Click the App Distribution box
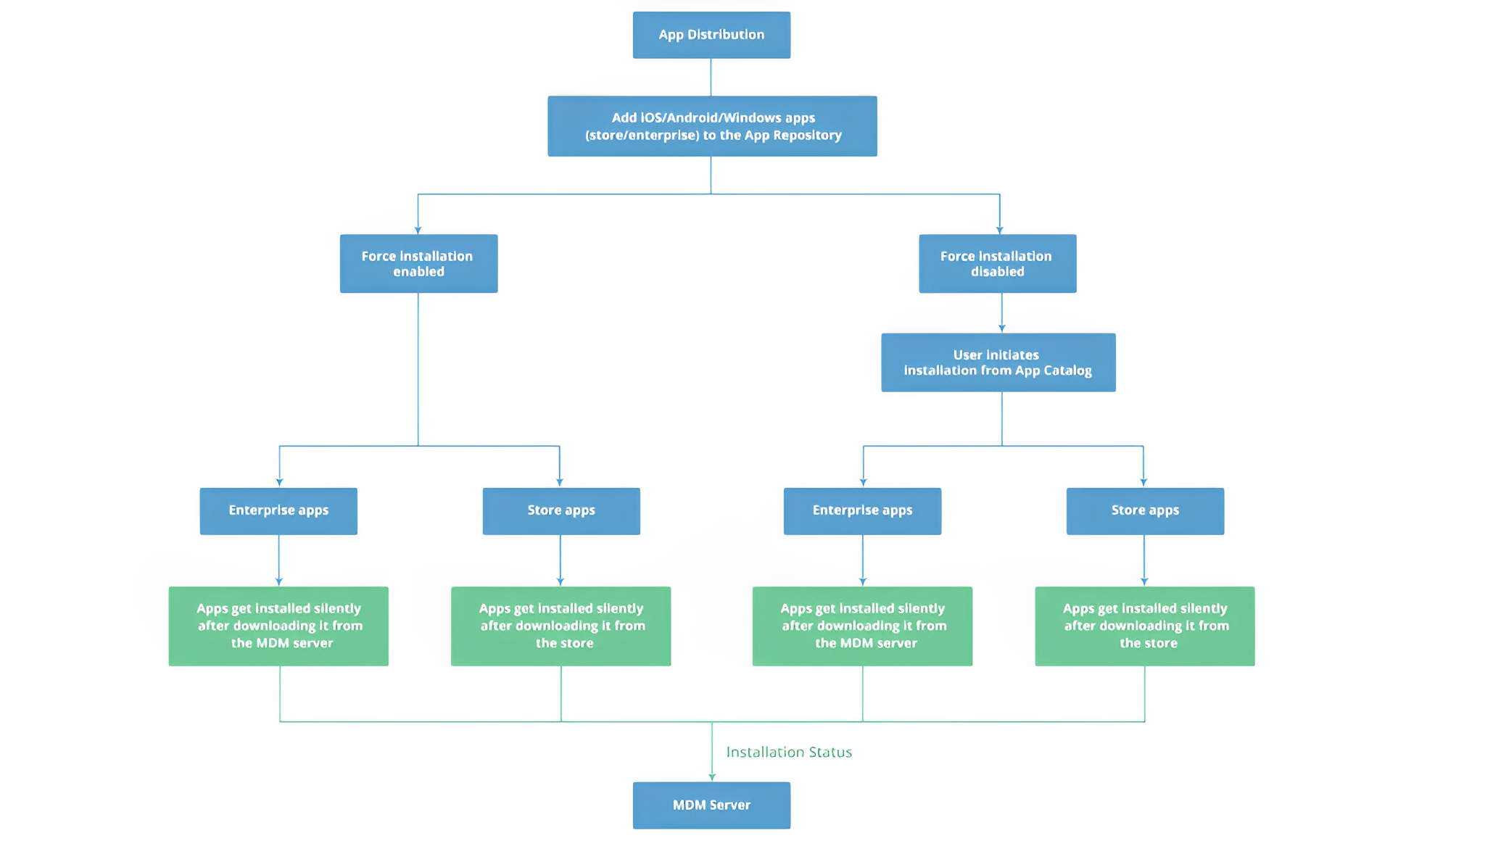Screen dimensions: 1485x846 (x=711, y=35)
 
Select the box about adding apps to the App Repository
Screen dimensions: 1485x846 (x=712, y=126)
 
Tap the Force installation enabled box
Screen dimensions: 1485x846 (x=418, y=263)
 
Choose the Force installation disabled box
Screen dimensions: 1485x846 (x=997, y=263)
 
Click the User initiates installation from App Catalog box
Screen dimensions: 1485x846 (x=998, y=362)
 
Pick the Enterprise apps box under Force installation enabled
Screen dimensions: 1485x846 (x=278, y=511)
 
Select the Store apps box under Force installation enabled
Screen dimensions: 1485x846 (x=561, y=511)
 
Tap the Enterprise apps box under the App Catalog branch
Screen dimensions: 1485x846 (x=862, y=511)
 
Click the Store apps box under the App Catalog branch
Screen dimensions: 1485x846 (x=1145, y=511)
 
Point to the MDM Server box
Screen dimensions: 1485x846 (x=711, y=805)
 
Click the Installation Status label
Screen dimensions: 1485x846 (x=789, y=752)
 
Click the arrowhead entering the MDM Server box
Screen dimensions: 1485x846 (x=712, y=778)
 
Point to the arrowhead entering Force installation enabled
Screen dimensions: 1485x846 (x=418, y=231)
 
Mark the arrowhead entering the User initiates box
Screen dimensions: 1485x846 (x=1002, y=329)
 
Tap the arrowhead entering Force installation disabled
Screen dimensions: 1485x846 (x=1000, y=231)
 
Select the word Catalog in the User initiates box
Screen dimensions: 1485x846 (x=1067, y=370)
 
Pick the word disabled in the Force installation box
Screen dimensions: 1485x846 (x=998, y=272)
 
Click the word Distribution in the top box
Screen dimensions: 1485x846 (x=726, y=35)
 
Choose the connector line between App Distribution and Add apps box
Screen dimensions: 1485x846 (x=711, y=78)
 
